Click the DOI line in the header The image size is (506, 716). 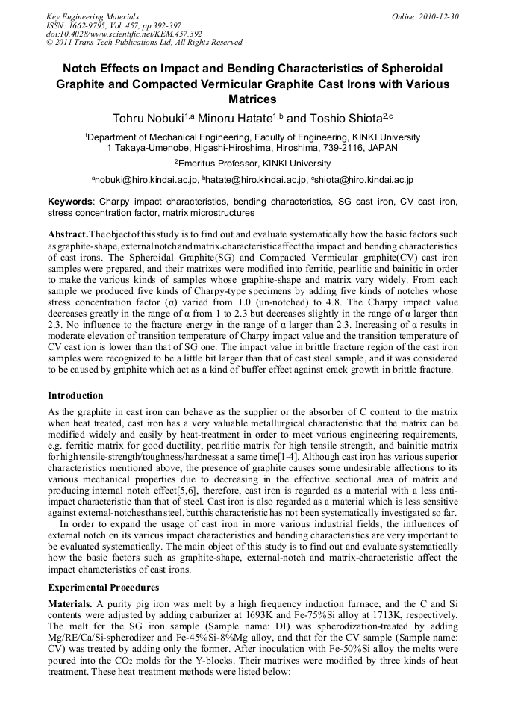click(124, 34)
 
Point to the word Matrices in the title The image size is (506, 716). click(252, 99)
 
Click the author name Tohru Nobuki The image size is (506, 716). click(148, 119)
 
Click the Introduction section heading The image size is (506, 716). click(75, 396)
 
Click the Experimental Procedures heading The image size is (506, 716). click(103, 588)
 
